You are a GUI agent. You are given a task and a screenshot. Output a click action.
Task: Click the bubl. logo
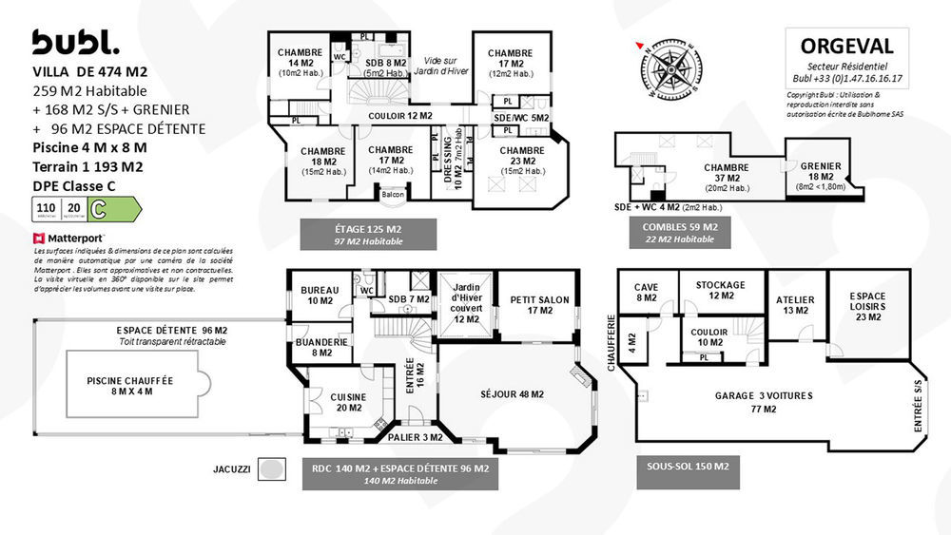tap(75, 42)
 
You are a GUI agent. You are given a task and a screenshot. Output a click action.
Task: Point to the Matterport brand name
tap(74, 238)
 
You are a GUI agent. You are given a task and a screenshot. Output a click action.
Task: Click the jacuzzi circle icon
tap(273, 469)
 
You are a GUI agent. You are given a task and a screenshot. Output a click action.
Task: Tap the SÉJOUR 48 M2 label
tap(513, 393)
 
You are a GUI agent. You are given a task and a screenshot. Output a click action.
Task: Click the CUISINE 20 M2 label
tap(347, 402)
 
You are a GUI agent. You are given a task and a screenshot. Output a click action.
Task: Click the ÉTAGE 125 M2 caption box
tap(368, 234)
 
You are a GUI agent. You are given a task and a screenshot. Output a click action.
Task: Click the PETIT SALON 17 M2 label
tap(539, 304)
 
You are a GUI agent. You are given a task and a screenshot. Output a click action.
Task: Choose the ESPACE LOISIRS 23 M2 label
tap(862, 307)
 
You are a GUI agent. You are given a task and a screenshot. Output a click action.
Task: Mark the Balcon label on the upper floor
tap(392, 196)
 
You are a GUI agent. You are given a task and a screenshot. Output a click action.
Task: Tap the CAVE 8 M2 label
tap(647, 292)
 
